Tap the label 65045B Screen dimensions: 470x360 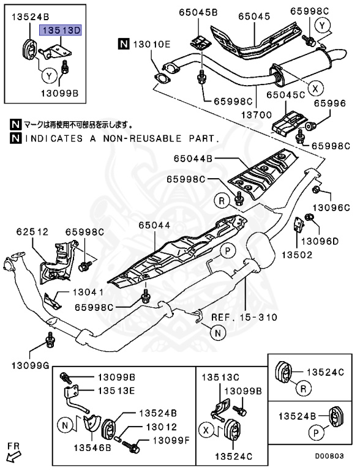click(x=198, y=12)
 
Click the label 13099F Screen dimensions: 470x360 click(x=168, y=441)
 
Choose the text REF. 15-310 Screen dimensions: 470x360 click(x=244, y=318)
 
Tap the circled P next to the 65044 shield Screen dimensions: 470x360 click(x=227, y=249)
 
